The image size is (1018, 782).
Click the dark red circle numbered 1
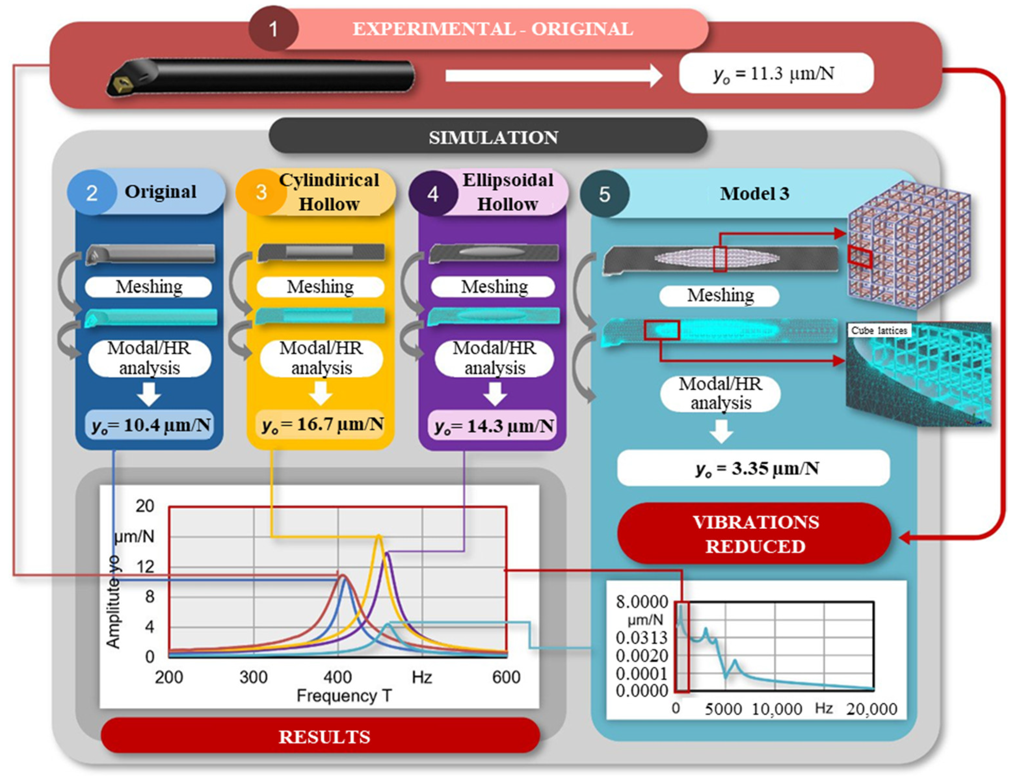(273, 29)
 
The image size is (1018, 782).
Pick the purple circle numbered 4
(433, 194)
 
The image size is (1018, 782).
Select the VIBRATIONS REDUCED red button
(755, 534)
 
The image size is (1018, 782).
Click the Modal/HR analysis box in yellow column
(321, 358)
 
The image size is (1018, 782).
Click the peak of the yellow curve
(379, 537)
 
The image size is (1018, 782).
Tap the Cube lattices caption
(879, 330)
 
